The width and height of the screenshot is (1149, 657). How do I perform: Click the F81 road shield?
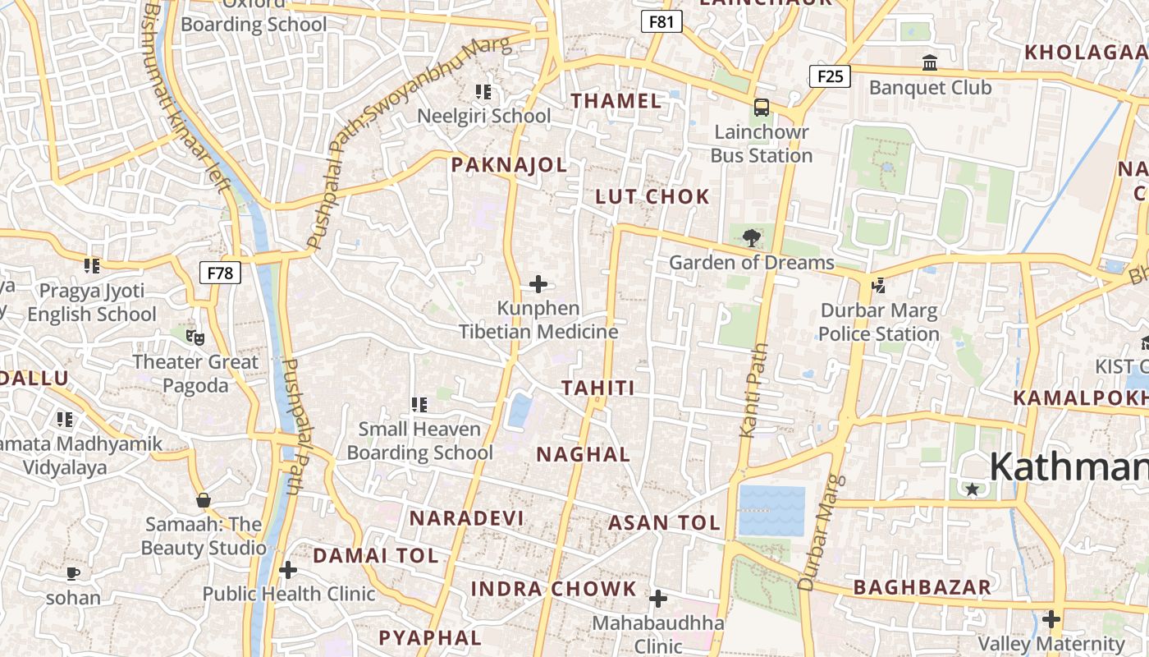pos(661,21)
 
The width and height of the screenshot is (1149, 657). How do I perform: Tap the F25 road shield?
pos(830,77)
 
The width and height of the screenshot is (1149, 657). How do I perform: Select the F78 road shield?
pos(220,273)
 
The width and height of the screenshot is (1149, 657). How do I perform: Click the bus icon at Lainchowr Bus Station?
pos(762,108)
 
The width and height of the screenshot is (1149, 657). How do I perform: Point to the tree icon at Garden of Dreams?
pos(750,239)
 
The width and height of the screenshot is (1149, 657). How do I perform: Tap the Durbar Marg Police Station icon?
pos(878,286)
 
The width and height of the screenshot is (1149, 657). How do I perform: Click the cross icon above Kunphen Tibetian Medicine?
pos(538,284)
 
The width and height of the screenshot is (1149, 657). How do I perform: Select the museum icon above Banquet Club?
pos(930,62)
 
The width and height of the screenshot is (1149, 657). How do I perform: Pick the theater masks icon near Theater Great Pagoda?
pos(195,337)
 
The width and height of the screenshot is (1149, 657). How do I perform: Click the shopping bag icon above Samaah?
pos(203,500)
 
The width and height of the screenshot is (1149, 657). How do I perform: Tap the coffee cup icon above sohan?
pos(73,573)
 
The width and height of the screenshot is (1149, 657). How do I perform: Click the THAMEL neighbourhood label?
pos(616,101)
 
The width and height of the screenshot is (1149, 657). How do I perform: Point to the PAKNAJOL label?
pos(509,165)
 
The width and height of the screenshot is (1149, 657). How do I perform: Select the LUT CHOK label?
pos(652,196)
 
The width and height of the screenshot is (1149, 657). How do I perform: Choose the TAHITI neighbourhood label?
pos(598,388)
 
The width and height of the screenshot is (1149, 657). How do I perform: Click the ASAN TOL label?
pos(664,523)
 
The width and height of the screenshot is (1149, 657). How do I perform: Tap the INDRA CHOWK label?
pos(553,589)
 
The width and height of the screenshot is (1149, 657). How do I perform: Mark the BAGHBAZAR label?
pos(922,587)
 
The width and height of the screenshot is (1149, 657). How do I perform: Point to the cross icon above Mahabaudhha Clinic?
pos(658,599)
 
